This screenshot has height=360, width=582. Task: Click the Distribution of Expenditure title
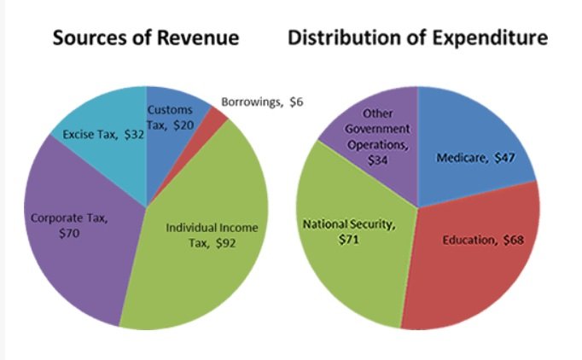pos(417,38)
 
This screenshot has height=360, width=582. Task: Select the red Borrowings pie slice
pos(218,119)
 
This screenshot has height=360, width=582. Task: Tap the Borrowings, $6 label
pos(262,102)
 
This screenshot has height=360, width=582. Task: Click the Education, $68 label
pos(482,241)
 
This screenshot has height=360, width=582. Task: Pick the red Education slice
pos(461,273)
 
